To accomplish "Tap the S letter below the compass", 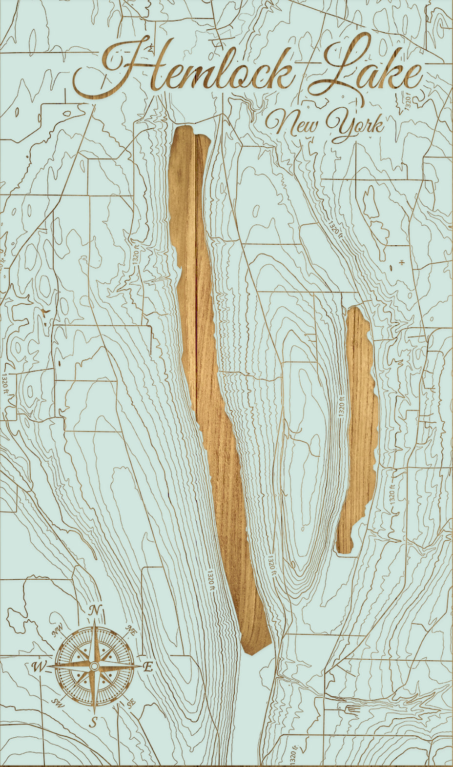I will [x=95, y=721].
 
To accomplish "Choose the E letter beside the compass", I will [x=148, y=667].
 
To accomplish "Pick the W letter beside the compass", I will [x=38, y=667].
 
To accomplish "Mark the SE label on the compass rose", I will [x=131, y=703].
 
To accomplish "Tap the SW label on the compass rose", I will [x=58, y=702].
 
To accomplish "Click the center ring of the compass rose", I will [x=94, y=666].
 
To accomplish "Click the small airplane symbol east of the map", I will [x=402, y=263].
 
